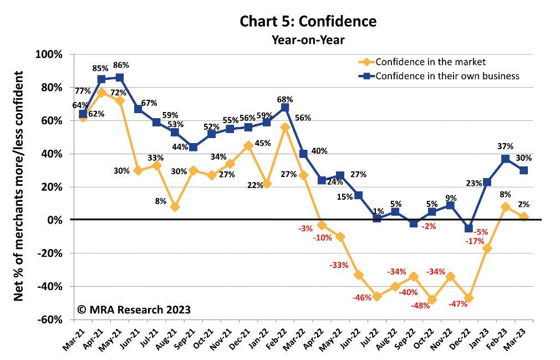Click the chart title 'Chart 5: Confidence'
(308, 22)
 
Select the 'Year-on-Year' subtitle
(308, 39)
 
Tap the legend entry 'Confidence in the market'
(430, 62)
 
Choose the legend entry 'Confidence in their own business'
(447, 75)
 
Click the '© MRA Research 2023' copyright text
(134, 309)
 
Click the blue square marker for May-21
(120, 78)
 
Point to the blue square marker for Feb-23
(506, 159)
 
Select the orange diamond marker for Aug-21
(175, 207)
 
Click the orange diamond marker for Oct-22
(432, 300)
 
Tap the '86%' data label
(122, 65)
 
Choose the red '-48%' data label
(420, 306)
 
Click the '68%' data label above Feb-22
(285, 99)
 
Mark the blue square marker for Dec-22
(469, 228)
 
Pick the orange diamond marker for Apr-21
(101, 93)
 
